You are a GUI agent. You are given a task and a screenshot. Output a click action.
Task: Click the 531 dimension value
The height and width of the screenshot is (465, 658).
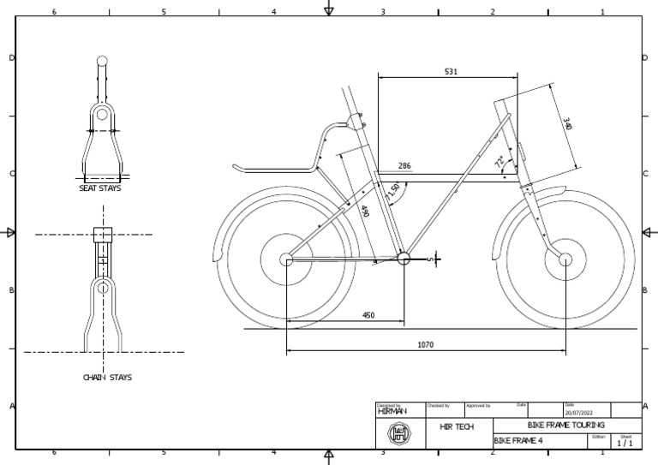tap(451, 72)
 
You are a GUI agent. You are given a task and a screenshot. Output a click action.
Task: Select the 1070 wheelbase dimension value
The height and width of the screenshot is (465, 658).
tap(425, 345)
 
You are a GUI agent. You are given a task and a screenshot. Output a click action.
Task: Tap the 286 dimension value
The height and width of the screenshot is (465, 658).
tap(404, 166)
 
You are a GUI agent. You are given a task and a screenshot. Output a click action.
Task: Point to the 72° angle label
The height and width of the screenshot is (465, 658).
tap(499, 160)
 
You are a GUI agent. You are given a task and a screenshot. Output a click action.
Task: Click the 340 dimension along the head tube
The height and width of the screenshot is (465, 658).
tap(566, 124)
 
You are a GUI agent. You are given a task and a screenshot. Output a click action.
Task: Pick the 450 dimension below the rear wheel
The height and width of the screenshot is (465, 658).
tap(368, 315)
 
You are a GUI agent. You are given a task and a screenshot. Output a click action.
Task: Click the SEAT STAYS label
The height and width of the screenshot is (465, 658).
tap(100, 188)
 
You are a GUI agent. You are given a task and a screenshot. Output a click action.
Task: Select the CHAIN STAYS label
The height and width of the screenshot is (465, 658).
tap(107, 377)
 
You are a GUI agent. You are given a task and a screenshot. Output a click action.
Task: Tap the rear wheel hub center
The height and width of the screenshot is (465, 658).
tap(286, 259)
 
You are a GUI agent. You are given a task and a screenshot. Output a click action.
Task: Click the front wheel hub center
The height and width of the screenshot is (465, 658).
tap(565, 259)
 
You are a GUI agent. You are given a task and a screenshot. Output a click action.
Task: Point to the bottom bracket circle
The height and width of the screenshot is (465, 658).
tap(404, 257)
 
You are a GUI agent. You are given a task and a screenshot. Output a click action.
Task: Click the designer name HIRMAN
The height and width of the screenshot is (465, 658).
tap(392, 411)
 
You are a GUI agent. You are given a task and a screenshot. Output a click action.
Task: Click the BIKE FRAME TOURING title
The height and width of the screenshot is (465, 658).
tap(566, 426)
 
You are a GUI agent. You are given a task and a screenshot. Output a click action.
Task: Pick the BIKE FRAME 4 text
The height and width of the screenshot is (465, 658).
tap(519, 440)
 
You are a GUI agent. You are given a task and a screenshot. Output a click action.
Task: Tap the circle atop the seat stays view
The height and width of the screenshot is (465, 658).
tap(102, 61)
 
